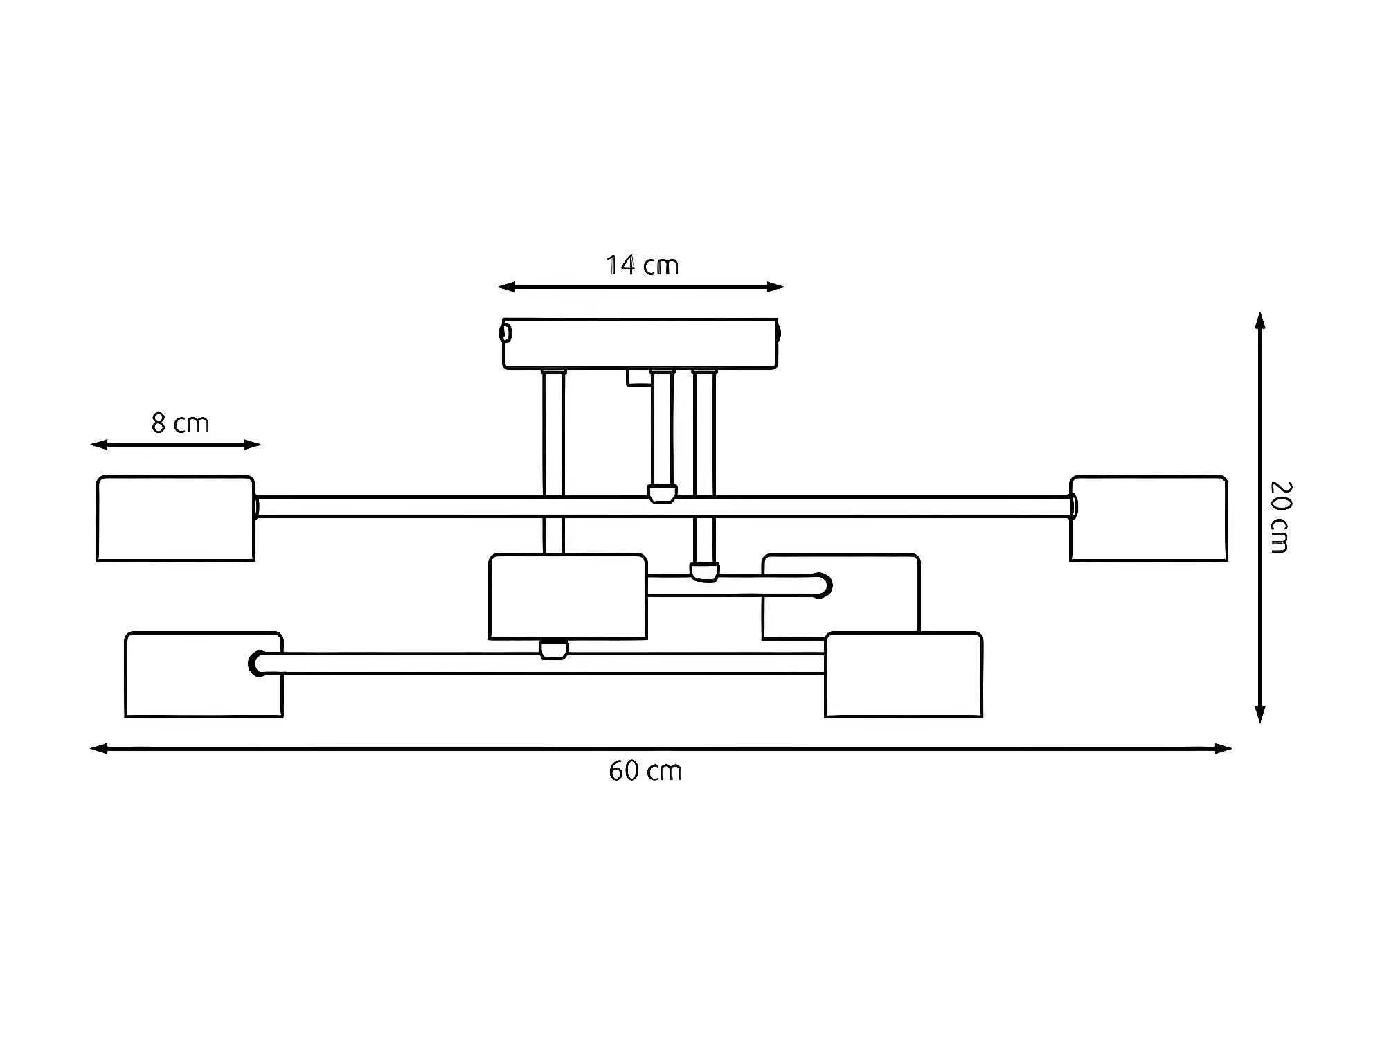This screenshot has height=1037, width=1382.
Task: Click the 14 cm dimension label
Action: (x=642, y=265)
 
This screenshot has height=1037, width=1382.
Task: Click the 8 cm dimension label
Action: (x=180, y=423)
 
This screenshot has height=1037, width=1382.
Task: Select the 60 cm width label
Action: (x=645, y=771)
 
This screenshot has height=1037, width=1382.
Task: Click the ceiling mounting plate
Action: (x=640, y=344)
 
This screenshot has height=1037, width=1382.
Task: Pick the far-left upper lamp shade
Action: (x=176, y=518)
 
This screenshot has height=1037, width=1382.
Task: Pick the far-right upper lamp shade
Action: (x=1148, y=518)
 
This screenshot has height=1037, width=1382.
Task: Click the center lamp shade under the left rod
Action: (x=568, y=596)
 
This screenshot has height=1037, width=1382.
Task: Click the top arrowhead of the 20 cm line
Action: (x=1260, y=320)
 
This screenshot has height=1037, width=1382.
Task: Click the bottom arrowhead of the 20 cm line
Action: (x=1260, y=715)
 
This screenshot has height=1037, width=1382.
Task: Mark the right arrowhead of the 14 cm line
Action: (x=776, y=287)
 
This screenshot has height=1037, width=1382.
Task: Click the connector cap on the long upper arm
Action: (x=662, y=493)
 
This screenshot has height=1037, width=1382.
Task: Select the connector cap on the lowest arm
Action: (x=553, y=650)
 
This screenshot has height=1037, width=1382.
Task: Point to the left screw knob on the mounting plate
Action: (x=505, y=333)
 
